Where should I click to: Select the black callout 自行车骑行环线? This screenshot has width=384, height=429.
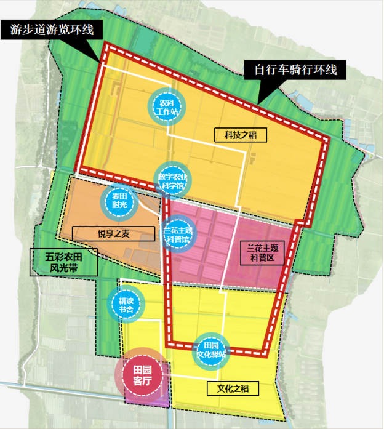click(x=296, y=70)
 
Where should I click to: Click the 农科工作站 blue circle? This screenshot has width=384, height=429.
click(x=166, y=106)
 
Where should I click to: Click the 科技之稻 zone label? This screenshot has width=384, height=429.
click(x=235, y=135)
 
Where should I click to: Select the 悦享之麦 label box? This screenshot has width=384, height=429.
click(x=114, y=233)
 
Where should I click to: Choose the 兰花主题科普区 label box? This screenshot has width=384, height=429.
click(x=263, y=253)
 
